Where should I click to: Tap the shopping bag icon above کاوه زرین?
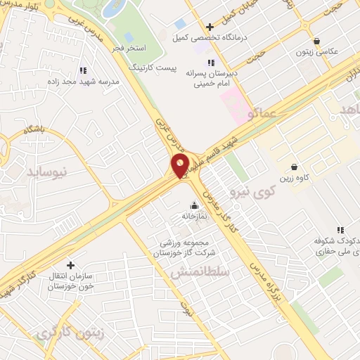click(293, 167)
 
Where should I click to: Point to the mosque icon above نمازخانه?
click(195, 205)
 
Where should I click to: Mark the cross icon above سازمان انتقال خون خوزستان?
click(69, 265)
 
